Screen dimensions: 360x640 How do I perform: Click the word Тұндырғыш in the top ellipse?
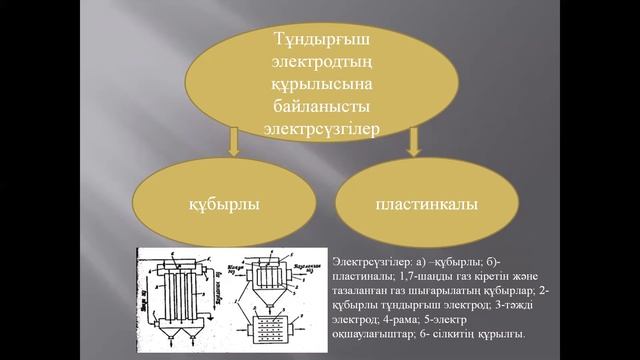[x=319, y=40]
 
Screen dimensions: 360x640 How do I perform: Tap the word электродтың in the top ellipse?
[x=319, y=62]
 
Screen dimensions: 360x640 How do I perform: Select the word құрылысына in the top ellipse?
[x=319, y=84]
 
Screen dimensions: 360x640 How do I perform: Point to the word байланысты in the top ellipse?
[x=319, y=105]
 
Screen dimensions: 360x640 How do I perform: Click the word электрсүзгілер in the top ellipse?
[x=319, y=127]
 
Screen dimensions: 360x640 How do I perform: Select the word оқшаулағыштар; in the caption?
[x=368, y=333]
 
